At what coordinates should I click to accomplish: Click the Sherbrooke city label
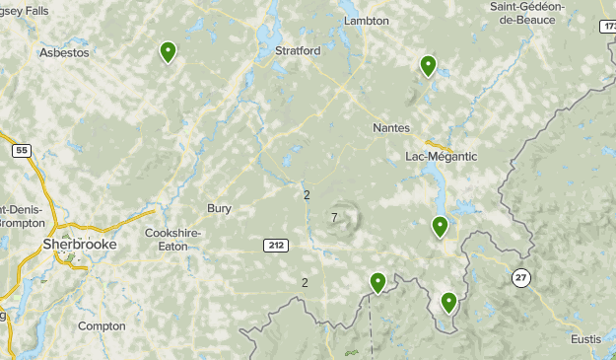[x=79, y=244]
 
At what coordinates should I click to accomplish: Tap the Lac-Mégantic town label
[x=441, y=156]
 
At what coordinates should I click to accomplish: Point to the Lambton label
[x=367, y=21]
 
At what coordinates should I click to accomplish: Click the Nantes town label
[x=391, y=128]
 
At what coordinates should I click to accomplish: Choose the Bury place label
[x=219, y=208]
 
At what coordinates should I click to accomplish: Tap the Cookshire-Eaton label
[x=173, y=240]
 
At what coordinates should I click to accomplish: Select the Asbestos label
[x=63, y=52]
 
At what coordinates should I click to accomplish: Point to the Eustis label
[x=585, y=338]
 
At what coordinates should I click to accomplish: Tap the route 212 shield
[x=275, y=245]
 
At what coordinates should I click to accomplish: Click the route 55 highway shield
[x=22, y=151]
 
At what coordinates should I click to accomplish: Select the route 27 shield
[x=520, y=278]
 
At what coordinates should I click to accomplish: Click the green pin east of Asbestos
[x=169, y=52]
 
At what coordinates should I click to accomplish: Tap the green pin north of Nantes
[x=429, y=66]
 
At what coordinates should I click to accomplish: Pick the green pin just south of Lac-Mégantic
[x=441, y=228]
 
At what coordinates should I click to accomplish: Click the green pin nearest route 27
[x=449, y=303]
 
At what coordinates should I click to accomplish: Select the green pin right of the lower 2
[x=377, y=283]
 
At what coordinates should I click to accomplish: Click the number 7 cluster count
[x=335, y=218]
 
